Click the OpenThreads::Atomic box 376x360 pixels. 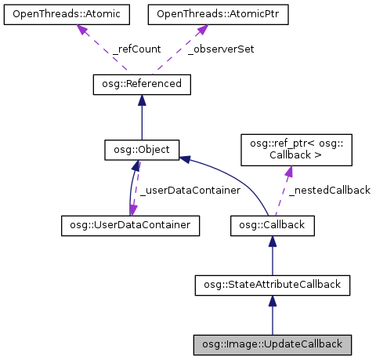click(x=65, y=15)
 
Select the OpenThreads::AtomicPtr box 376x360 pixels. click(x=202, y=15)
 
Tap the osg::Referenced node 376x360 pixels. click(x=142, y=83)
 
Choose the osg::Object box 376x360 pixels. click(x=142, y=148)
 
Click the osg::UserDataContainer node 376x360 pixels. click(x=130, y=226)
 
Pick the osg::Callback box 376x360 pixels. click(x=272, y=226)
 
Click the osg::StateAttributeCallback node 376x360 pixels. click(x=272, y=285)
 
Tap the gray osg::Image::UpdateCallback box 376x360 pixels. click(x=272, y=344)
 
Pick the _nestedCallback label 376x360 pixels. click(x=329, y=191)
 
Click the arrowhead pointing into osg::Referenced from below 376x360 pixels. click(x=142, y=100)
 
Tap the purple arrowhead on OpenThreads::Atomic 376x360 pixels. click(x=81, y=30)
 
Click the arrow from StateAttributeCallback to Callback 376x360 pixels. click(x=272, y=256)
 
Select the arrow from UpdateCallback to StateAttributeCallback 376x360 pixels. click(x=272, y=315)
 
